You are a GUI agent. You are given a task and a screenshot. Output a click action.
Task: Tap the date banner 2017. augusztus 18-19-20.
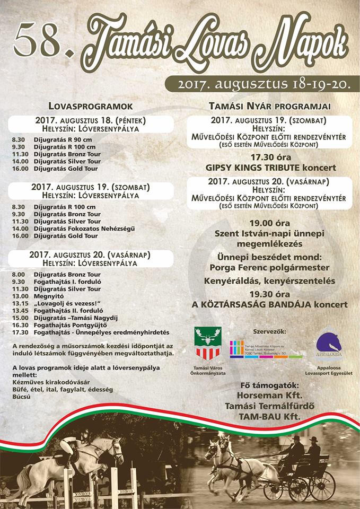pyautogui.click(x=262, y=84)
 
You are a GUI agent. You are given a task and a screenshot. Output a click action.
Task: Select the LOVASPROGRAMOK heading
pyautogui.click(x=90, y=106)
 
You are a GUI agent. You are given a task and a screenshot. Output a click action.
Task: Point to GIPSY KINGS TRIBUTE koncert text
pyautogui.click(x=271, y=168)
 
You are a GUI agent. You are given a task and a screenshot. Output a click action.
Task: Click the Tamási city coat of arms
pyautogui.click(x=207, y=344)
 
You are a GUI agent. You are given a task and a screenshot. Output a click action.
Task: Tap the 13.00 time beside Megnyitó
pyautogui.click(x=19, y=296)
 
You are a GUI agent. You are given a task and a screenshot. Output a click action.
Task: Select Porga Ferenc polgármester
pyautogui.click(x=269, y=267)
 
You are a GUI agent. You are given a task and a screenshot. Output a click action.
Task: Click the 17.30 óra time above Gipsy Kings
pyautogui.click(x=270, y=157)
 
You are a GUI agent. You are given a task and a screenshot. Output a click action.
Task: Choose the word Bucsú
pyautogui.click(x=22, y=397)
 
